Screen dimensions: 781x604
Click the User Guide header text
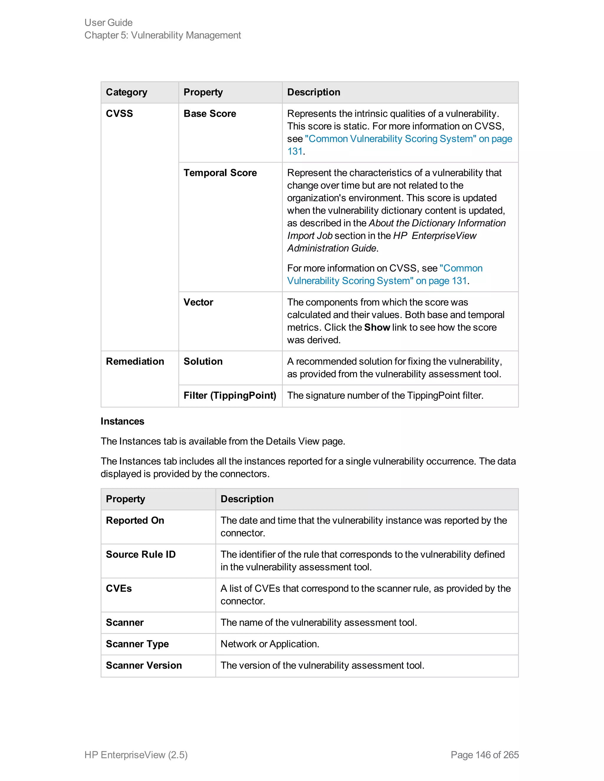pyautogui.click(x=109, y=22)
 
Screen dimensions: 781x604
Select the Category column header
pyautogui.click(x=126, y=92)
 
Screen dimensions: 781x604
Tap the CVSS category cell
pyautogui.click(x=119, y=114)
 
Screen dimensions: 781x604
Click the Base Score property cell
pyautogui.click(x=210, y=114)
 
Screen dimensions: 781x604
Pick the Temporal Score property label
pyautogui.click(x=220, y=173)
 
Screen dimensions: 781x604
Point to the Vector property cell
pyautogui.click(x=198, y=302)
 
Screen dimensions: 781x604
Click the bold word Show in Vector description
pyautogui.click(x=377, y=327)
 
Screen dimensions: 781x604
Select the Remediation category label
pyautogui.click(x=135, y=361)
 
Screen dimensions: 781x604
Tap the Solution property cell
pyautogui.click(x=203, y=361)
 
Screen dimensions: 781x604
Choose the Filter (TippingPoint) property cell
pyautogui.click(x=230, y=395)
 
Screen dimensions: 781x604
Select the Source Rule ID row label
pyautogui.click(x=141, y=554)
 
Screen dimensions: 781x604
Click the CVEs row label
pyautogui.click(x=119, y=588)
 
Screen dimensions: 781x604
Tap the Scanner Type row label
pyautogui.click(x=137, y=644)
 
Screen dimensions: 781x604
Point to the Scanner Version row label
pyautogui.click(x=144, y=665)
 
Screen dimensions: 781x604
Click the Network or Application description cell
pyautogui.click(x=270, y=644)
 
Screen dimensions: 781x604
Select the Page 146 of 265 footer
pyautogui.click(x=485, y=754)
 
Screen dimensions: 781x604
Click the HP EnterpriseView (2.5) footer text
pyautogui.click(x=136, y=754)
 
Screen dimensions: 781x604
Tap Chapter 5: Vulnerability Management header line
pyautogui.click(x=163, y=35)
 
